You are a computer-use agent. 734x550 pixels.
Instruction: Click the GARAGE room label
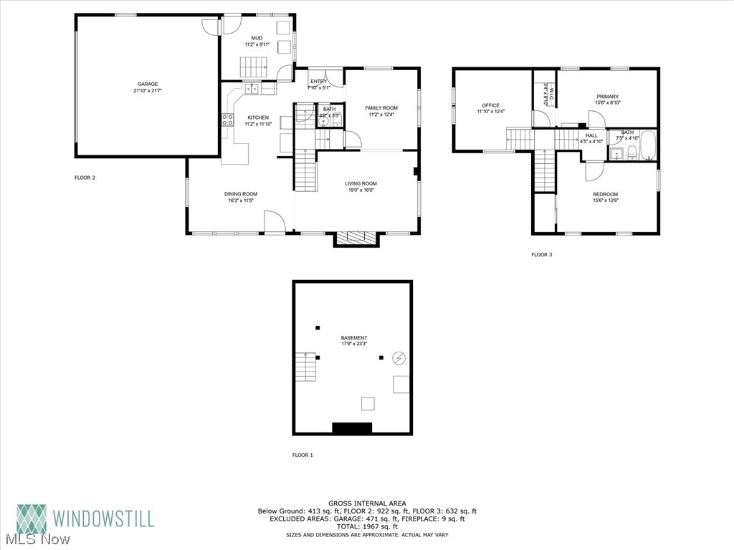(x=148, y=84)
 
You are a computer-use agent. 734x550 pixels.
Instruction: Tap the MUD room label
(x=257, y=37)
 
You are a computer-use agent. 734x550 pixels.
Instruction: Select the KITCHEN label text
(x=258, y=117)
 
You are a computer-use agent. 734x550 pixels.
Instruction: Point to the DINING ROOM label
(x=240, y=194)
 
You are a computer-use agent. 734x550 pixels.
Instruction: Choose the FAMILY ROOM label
(x=381, y=108)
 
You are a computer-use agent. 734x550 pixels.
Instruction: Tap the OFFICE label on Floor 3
(x=491, y=105)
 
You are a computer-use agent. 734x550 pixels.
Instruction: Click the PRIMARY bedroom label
(x=607, y=97)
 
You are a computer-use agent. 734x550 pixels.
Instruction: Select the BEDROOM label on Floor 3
(x=605, y=195)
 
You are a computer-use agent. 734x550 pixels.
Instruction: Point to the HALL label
(x=591, y=135)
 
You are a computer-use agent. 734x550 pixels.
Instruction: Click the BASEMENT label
(x=354, y=338)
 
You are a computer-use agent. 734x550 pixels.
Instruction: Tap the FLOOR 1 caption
(x=302, y=455)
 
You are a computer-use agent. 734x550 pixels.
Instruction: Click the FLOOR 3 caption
(x=541, y=254)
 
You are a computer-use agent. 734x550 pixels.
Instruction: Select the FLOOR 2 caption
(x=85, y=178)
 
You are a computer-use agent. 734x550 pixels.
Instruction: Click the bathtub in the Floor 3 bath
(x=648, y=146)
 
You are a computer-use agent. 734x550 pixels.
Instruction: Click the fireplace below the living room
(x=356, y=239)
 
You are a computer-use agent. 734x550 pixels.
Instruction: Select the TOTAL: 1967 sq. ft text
(x=367, y=527)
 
